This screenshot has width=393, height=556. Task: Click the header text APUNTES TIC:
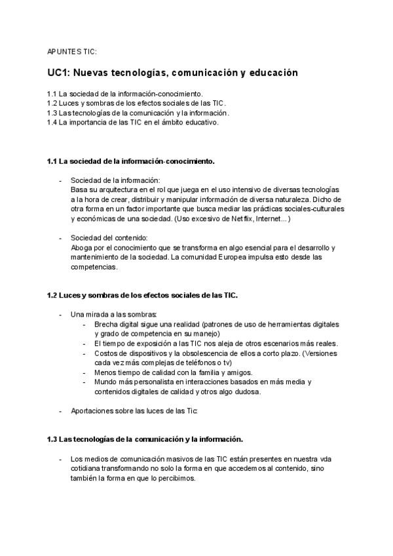coord(72,50)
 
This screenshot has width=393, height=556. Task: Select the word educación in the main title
coord(271,73)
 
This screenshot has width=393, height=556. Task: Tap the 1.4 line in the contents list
coord(133,123)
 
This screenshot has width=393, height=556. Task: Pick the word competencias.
coord(94,267)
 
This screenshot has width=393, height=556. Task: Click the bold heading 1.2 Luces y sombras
coord(142,295)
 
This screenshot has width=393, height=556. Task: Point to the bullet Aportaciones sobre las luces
coord(134,411)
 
